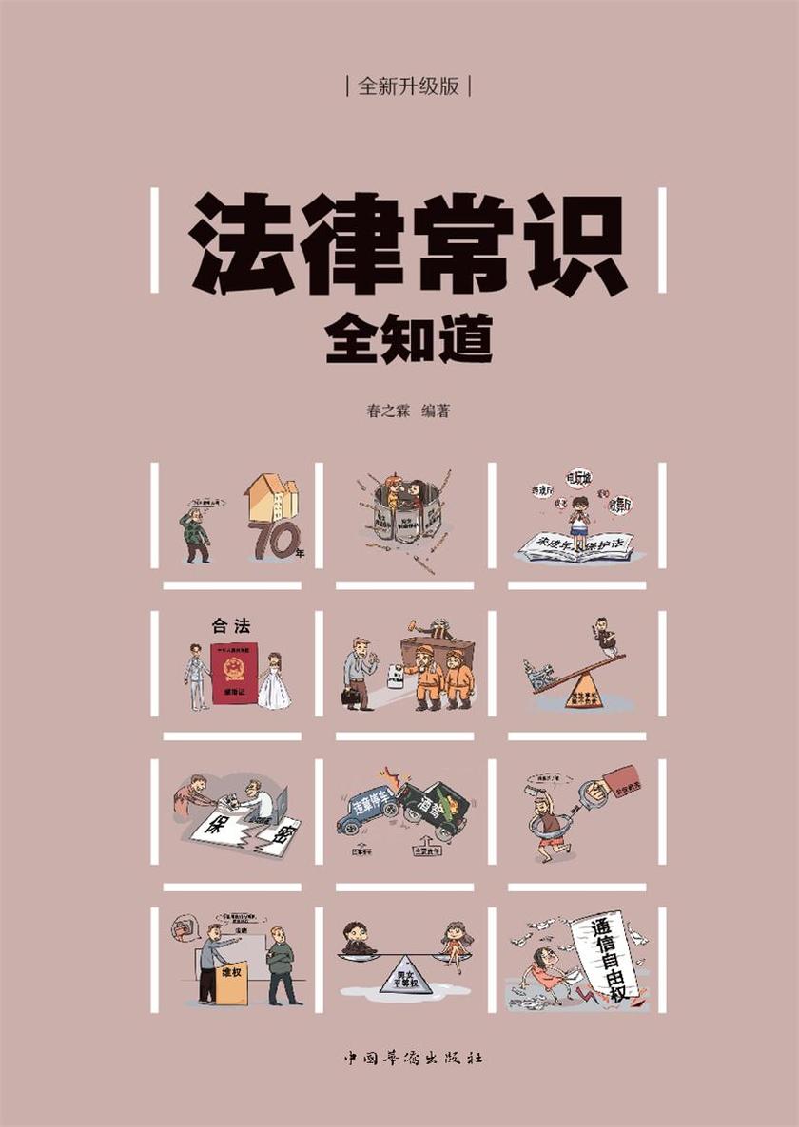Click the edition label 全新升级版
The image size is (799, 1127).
[409, 86]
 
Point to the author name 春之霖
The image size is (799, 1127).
[373, 411]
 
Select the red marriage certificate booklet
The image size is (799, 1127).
[234, 674]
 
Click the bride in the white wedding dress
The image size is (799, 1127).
[274, 683]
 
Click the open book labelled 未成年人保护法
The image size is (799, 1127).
[575, 547]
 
